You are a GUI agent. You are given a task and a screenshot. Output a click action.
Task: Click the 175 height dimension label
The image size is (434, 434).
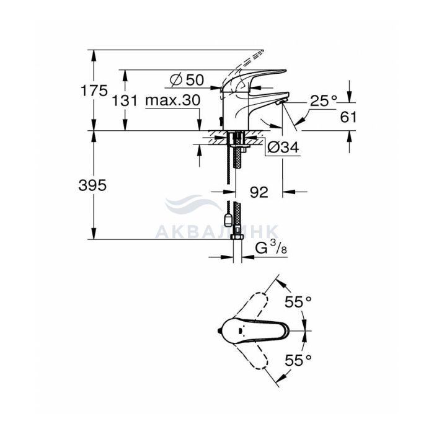tap(94, 91)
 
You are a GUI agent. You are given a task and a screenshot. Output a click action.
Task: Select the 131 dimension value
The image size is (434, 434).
tap(125, 100)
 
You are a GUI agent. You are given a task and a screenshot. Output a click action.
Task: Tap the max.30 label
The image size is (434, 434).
tap(173, 100)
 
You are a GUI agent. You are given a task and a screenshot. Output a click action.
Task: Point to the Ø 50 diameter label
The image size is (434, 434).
tap(187, 80)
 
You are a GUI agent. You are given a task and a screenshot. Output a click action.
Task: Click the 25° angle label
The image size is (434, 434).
tap(324, 100)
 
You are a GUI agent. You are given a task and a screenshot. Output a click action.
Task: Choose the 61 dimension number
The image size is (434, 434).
tap(348, 117)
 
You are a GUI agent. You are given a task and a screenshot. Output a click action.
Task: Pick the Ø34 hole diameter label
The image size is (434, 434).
tap(283, 148)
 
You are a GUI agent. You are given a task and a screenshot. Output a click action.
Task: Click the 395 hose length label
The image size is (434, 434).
tap(92, 185)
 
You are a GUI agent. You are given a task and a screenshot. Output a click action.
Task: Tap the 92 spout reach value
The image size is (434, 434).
tap(259, 192)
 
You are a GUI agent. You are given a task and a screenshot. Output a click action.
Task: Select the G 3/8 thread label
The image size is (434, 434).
tap(271, 248)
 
